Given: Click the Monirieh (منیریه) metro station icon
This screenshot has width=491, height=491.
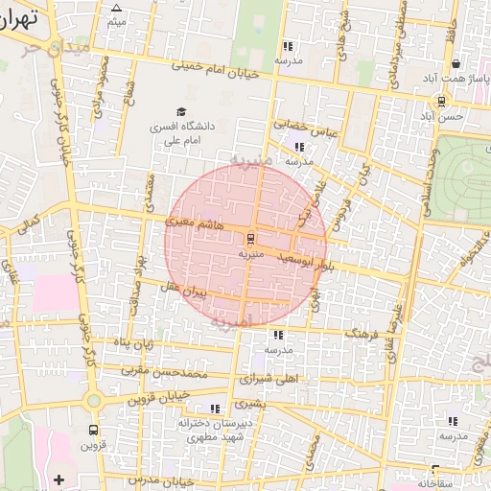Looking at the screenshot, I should point(251,237).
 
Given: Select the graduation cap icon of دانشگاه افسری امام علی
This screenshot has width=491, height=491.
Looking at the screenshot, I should point(179,111).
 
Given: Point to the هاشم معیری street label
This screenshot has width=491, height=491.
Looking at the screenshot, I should point(194,222).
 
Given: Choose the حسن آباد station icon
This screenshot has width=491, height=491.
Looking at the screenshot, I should point(441,101).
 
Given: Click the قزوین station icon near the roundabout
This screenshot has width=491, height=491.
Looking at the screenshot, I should point(93,430).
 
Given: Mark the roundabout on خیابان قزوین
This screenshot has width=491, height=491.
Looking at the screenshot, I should point(93,401).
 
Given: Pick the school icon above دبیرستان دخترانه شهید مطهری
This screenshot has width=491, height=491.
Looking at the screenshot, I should point(215,409).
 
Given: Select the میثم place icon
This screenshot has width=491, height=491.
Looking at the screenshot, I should point(117,8).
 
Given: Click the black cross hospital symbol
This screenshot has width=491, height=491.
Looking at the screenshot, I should point(59,479).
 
